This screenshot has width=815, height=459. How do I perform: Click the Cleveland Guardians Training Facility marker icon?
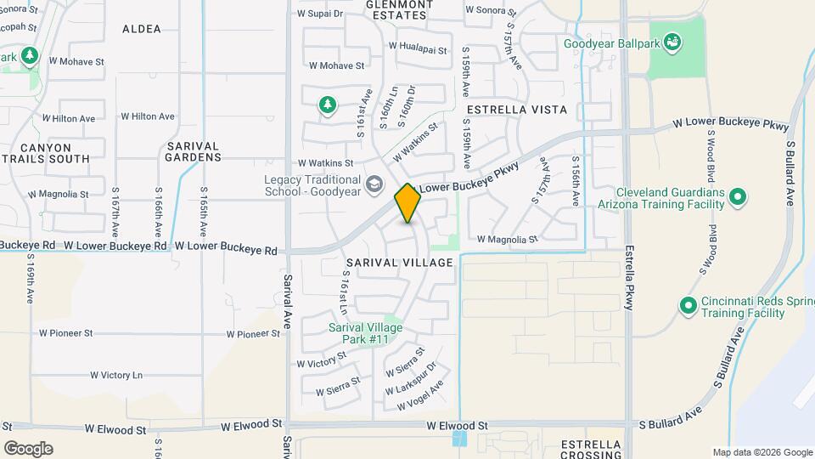coord(738,198)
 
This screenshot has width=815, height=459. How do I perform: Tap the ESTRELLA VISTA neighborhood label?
coord(516,110)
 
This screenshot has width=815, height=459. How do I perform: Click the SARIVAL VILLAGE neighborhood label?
coord(399,263)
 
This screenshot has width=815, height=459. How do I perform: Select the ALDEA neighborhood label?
coord(141,29)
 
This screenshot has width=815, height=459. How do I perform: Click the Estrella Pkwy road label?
coord(629,278)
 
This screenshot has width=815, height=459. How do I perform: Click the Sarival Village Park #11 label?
coord(366,333)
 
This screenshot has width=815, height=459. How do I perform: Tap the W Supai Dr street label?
coord(320,14)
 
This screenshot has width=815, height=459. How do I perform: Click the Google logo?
coord(28,448)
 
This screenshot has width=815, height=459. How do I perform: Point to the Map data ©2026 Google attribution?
coord(762,452)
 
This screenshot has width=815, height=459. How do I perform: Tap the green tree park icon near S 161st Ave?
coord(327,105)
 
